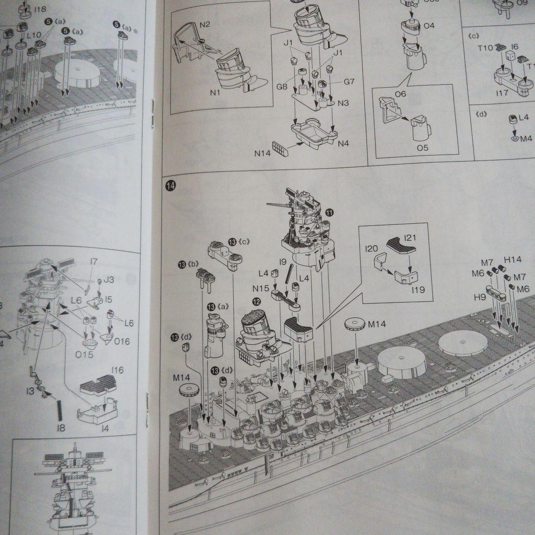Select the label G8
pos(282,87)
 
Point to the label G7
pos(349,81)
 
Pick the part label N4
pos(343,144)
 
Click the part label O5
pos(423,148)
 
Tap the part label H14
pos(513,259)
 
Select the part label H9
pos(480,297)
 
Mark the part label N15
pos(261,288)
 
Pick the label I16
pos(117,370)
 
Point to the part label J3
pos(108,280)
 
